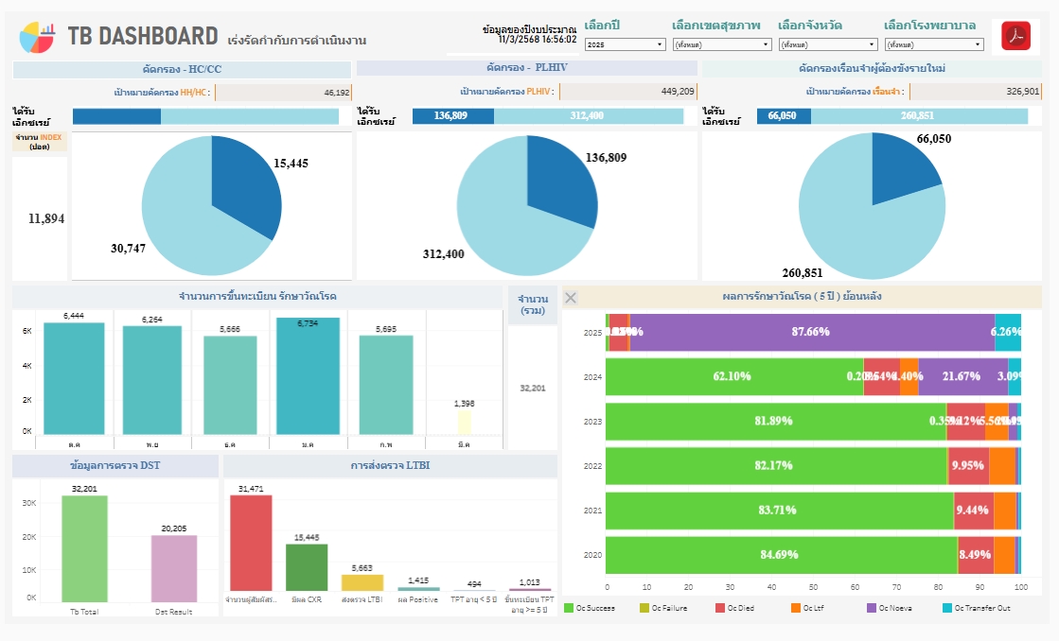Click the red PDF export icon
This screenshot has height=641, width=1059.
(1015, 37)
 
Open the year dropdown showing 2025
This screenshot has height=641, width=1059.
(625, 44)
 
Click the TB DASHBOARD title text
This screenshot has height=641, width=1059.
(143, 37)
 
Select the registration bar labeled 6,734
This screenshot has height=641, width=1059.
(308, 376)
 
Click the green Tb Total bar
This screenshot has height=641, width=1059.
(84, 549)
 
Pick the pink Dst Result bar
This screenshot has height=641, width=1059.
(174, 569)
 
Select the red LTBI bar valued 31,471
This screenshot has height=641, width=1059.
(251, 544)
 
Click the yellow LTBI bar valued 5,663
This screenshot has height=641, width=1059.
(362, 582)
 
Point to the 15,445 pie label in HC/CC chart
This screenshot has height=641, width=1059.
(291, 163)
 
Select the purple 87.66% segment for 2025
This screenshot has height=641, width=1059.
(811, 332)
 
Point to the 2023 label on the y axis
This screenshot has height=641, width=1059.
(592, 422)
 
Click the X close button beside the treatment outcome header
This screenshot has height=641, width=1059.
(571, 298)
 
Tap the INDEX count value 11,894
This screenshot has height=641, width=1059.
(46, 218)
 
